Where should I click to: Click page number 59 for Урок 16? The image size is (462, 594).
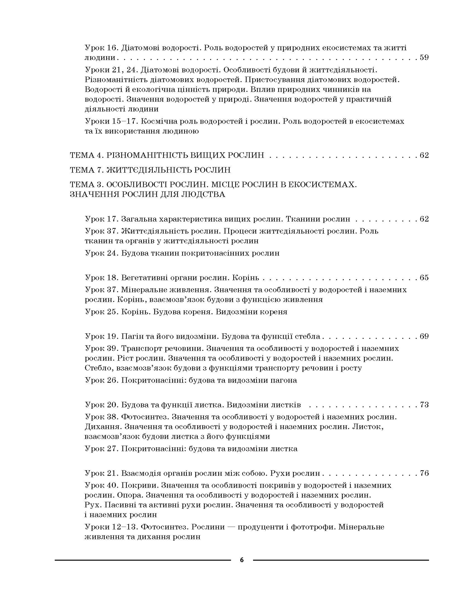(x=424, y=58)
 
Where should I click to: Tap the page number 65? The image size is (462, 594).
(x=424, y=278)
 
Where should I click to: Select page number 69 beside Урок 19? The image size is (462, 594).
(x=424, y=336)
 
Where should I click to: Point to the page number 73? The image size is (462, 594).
(x=424, y=405)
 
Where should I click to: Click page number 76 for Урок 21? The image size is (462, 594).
(x=424, y=473)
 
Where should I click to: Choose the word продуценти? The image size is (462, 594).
(x=259, y=527)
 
